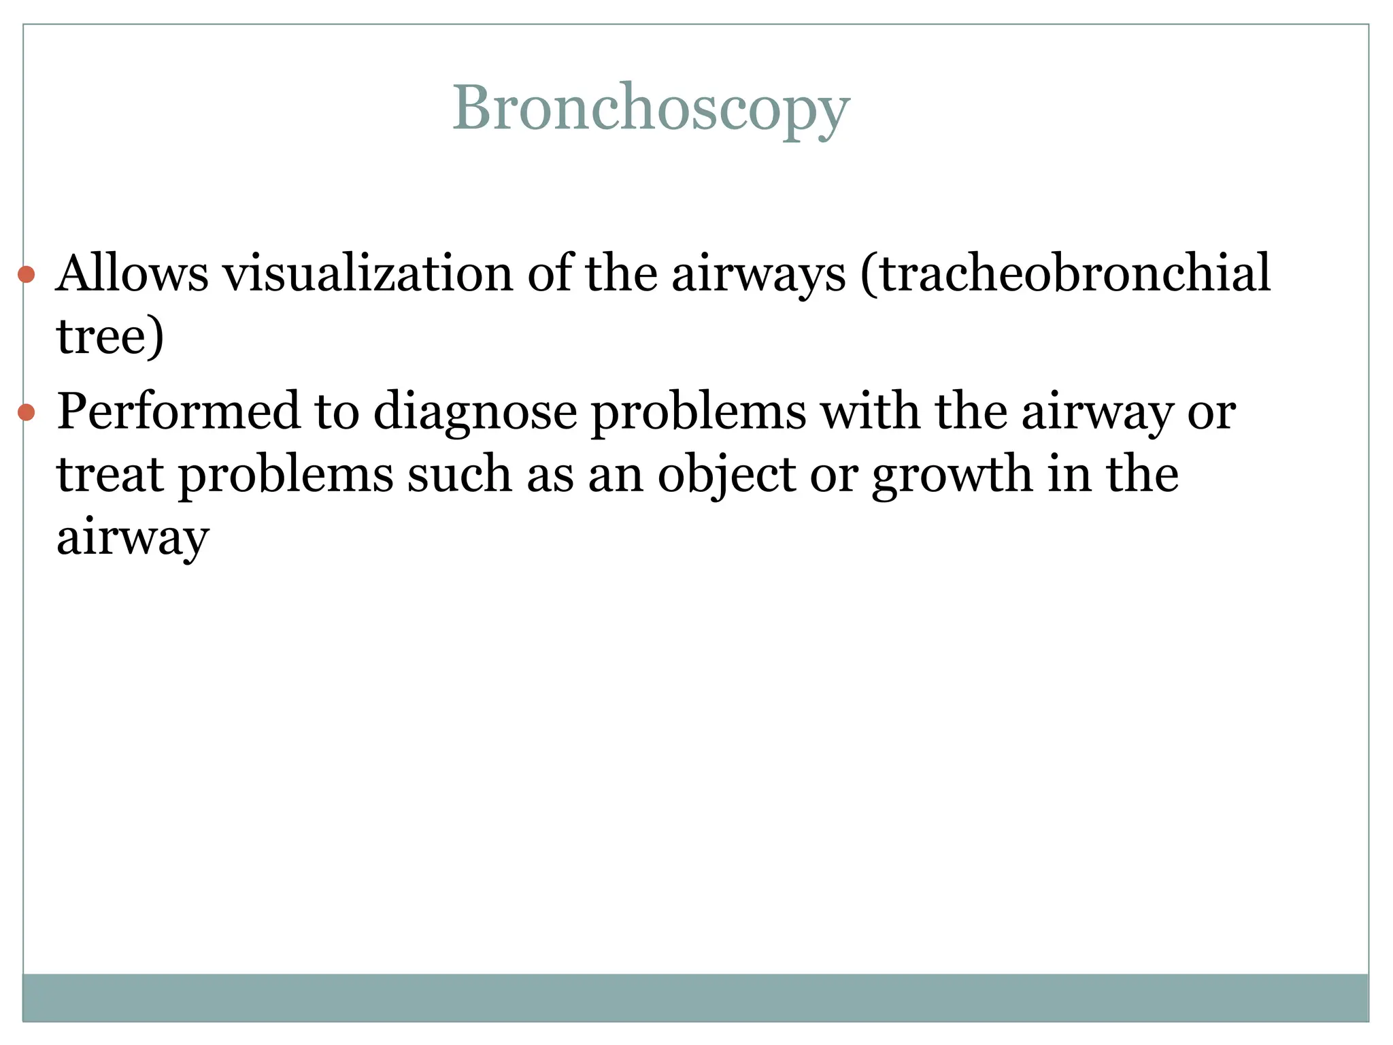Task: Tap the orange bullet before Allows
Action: [27, 275]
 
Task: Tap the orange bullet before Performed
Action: [27, 412]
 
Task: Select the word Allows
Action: [132, 273]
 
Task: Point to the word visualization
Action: [368, 273]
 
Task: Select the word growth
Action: [952, 476]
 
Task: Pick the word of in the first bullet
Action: [549, 273]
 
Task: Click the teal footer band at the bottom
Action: [695, 997]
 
